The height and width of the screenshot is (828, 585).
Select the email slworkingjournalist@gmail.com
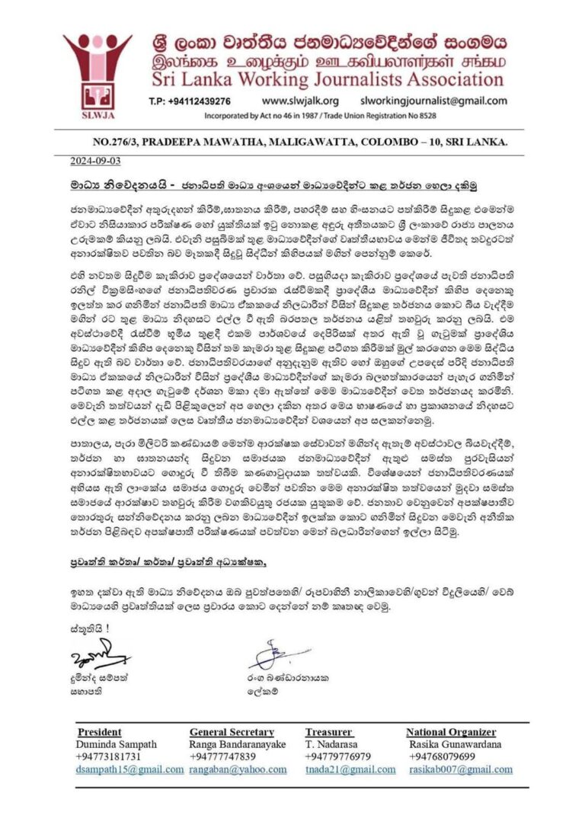point(433,101)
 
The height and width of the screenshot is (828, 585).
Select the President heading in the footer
point(99,732)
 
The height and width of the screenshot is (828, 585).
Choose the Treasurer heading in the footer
point(328,732)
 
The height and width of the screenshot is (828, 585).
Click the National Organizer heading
point(451,732)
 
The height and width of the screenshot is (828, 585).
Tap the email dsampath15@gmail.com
point(130,769)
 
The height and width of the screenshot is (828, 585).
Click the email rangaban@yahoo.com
point(237,769)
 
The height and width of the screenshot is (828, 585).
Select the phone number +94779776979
point(339,756)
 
